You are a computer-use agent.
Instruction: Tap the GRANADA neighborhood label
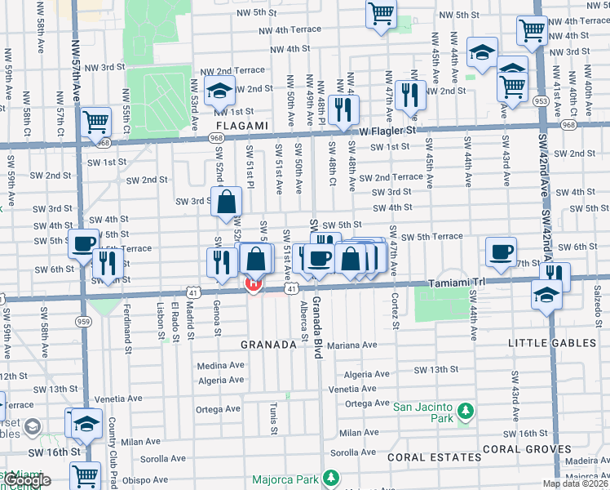pos(267,345)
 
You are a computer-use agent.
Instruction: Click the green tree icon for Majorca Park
pos(331,477)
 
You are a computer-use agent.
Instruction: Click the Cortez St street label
pos(395,311)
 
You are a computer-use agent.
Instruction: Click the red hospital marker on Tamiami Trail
pos(253,283)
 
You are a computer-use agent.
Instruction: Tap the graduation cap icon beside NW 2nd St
pos(219,91)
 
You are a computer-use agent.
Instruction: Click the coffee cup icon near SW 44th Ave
pos(501,251)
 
